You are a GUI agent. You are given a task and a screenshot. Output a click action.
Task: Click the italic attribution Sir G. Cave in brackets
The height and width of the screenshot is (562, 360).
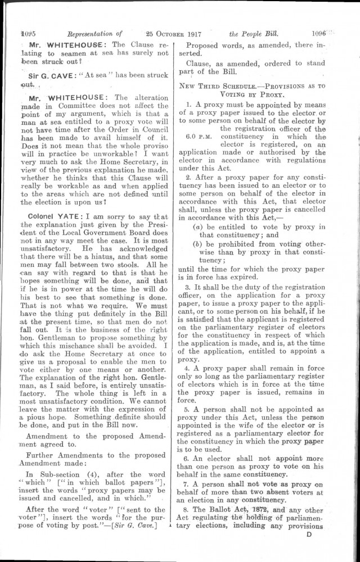(145, 527)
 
